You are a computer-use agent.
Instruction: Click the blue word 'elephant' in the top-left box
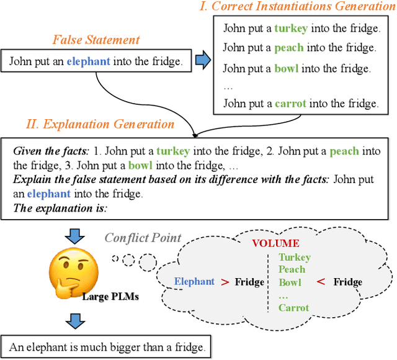click(89, 61)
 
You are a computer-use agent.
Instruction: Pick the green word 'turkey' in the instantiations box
click(291, 28)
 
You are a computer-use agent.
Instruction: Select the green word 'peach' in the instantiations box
click(290, 47)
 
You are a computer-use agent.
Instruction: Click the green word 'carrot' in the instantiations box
click(290, 104)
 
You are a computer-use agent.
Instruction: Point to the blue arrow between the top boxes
click(203, 60)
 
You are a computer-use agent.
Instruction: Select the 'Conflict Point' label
click(143, 238)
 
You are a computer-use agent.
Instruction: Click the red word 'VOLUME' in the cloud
click(275, 243)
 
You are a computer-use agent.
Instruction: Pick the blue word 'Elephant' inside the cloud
click(194, 282)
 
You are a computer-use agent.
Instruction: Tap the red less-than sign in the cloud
click(320, 282)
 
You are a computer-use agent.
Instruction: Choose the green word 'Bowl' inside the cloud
click(290, 282)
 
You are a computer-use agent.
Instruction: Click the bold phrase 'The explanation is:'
click(60, 209)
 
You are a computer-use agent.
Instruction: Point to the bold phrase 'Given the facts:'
click(50, 151)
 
